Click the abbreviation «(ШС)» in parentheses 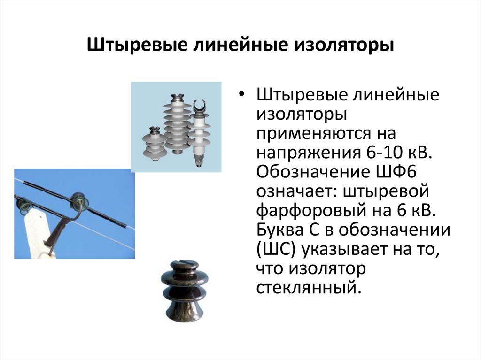(275, 249)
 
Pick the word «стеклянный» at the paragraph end (309, 287)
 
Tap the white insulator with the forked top (199, 127)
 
